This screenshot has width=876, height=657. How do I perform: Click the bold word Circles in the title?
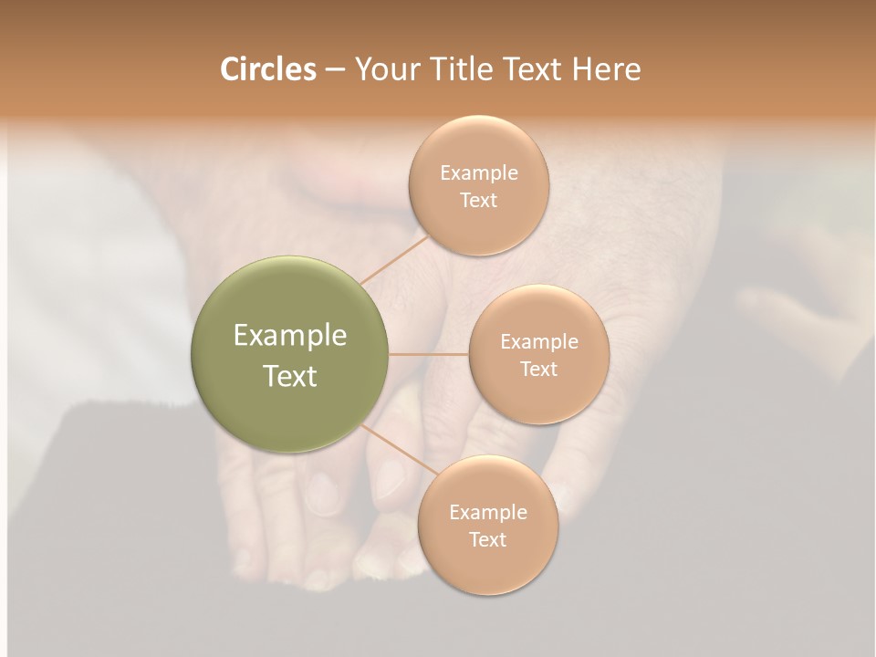click(268, 69)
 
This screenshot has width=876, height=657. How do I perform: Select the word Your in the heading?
click(387, 69)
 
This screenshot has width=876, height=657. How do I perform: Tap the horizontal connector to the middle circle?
click(429, 354)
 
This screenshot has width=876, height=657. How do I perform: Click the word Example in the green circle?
click(290, 336)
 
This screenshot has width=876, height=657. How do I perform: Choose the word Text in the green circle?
click(290, 376)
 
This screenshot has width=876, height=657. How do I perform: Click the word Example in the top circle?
click(479, 172)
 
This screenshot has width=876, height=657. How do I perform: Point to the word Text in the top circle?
click(478, 200)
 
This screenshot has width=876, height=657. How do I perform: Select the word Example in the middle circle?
click(539, 341)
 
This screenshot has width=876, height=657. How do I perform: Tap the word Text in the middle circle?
click(538, 369)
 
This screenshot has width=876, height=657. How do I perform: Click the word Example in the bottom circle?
click(488, 512)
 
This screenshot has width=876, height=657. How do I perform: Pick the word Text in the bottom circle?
click(487, 539)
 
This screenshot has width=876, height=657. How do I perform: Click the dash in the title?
click(335, 70)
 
